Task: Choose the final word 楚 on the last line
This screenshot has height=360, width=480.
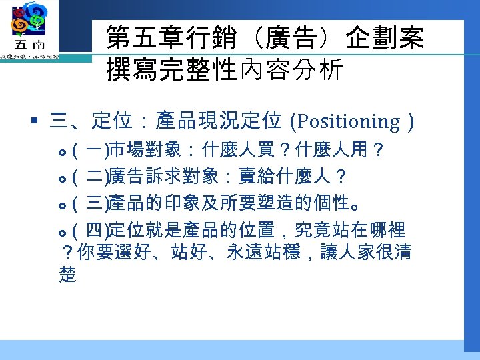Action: point(67,275)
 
